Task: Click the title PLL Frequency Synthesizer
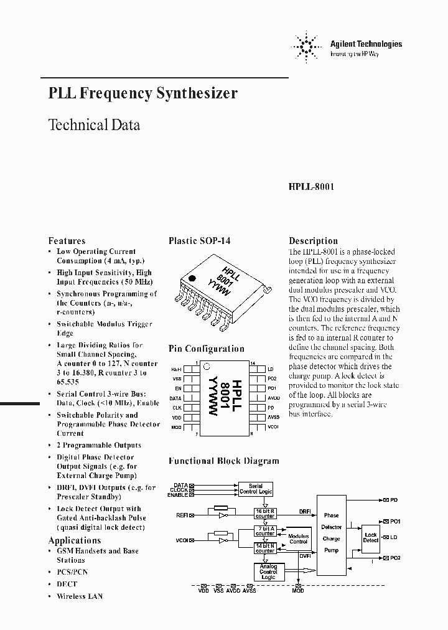[x=142, y=93]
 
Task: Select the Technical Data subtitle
[x=94, y=125]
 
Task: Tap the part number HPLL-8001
[x=312, y=186]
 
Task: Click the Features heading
[x=67, y=241]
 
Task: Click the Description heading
[x=313, y=241]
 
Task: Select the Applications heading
[x=74, y=540]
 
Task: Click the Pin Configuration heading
[x=206, y=349]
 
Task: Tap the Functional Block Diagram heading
[x=223, y=461]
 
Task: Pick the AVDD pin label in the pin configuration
[x=273, y=397]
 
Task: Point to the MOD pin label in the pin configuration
[x=177, y=426]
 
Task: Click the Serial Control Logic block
[x=255, y=489]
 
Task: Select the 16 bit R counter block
[x=264, y=513]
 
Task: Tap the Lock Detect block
[x=371, y=537]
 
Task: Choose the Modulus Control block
[x=299, y=538]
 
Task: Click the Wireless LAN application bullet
[x=80, y=596]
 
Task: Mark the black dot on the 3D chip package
[x=192, y=279]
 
